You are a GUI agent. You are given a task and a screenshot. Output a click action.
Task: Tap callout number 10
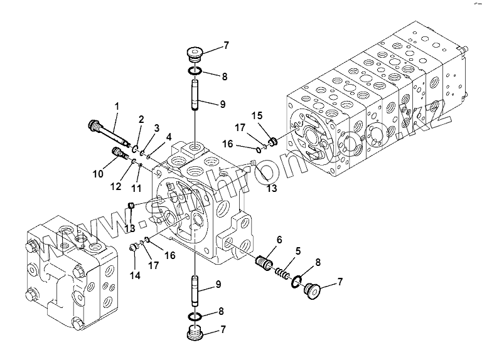click(x=99, y=172)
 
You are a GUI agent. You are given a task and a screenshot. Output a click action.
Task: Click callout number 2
click(x=142, y=120)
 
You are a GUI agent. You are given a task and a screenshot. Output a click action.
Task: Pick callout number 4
click(x=169, y=136)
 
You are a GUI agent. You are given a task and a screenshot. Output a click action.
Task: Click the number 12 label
click(x=115, y=186)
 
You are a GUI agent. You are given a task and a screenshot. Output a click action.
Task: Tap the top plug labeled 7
click(x=195, y=53)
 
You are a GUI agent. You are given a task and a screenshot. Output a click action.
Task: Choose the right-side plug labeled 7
click(x=310, y=292)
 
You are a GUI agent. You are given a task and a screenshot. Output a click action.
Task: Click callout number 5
click(x=298, y=251)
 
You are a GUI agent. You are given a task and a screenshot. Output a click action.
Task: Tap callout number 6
click(x=279, y=239)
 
